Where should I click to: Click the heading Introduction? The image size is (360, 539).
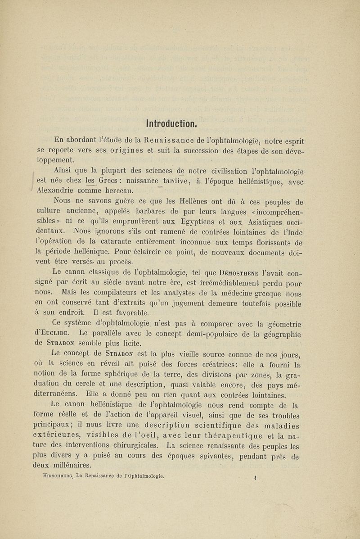pos(169,123)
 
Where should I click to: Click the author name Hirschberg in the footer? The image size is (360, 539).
pos(50,475)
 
